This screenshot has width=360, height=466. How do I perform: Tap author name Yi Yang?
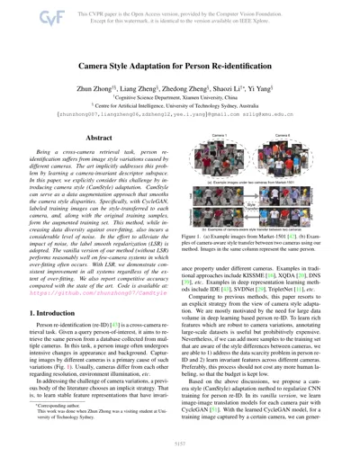click(264, 76)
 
